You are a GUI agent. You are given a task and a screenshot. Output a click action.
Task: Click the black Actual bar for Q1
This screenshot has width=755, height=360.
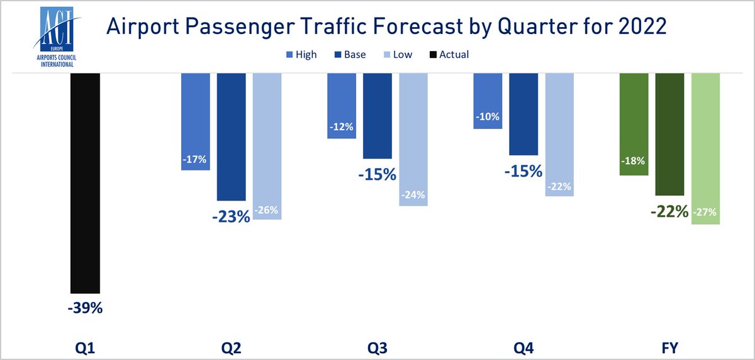[86, 183]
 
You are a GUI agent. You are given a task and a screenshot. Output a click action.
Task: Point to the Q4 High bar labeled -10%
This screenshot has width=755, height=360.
[488, 101]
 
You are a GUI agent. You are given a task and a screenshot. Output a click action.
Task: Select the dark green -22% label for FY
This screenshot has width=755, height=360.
[669, 212]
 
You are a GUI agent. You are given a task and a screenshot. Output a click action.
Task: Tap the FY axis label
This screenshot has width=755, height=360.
[670, 347]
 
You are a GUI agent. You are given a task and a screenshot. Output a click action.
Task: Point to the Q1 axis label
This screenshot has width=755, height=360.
[86, 347]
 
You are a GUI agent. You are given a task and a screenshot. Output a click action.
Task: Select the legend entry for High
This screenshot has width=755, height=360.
[301, 55]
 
